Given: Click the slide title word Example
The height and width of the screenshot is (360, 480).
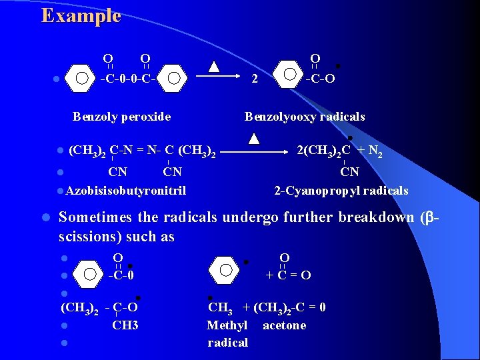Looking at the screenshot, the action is pyautogui.click(x=81, y=16).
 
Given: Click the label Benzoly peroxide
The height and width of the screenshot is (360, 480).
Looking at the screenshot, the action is pyautogui.click(x=121, y=117).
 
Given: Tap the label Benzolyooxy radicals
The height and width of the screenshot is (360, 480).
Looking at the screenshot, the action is pyautogui.click(x=305, y=117).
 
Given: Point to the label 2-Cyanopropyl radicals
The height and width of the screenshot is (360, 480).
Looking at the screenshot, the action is pyautogui.click(x=341, y=191).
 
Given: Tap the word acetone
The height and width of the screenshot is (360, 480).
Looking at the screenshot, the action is pyautogui.click(x=285, y=325).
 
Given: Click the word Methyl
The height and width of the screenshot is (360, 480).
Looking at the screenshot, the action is pyautogui.click(x=227, y=325).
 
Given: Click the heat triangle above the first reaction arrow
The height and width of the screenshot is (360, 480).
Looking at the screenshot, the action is pyautogui.click(x=214, y=66).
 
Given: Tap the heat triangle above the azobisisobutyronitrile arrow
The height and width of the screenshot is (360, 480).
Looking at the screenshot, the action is pyautogui.click(x=254, y=138).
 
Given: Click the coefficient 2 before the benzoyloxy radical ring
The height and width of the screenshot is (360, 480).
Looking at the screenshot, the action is pyautogui.click(x=254, y=79).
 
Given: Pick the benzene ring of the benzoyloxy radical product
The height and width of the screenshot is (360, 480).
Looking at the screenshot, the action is pyautogui.click(x=289, y=74).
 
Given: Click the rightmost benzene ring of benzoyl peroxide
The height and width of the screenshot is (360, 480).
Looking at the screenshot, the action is pyautogui.click(x=173, y=77).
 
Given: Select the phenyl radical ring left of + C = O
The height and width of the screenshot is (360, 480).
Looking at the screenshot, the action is pyautogui.click(x=225, y=270).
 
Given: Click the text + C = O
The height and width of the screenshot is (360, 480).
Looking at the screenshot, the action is pyautogui.click(x=288, y=275).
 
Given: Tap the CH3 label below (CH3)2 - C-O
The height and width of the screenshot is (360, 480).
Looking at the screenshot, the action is pyautogui.click(x=125, y=325).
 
